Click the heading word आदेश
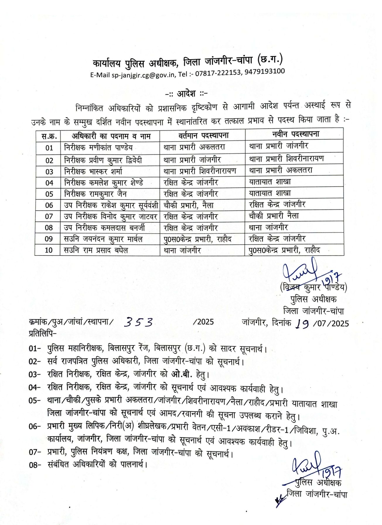(x=186, y=94)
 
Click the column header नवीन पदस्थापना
(x=295, y=134)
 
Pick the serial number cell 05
(x=49, y=194)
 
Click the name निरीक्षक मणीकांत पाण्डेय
(x=98, y=147)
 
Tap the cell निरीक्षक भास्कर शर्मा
(x=93, y=171)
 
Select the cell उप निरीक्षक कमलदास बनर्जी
(x=104, y=228)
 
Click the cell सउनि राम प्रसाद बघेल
(x=96, y=250)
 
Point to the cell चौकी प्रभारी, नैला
(x=189, y=205)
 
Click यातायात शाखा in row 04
(x=270, y=182)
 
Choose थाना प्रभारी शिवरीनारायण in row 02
(x=286, y=159)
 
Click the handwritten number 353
(x=138, y=322)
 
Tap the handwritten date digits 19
(x=302, y=323)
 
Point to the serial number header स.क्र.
(x=49, y=136)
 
